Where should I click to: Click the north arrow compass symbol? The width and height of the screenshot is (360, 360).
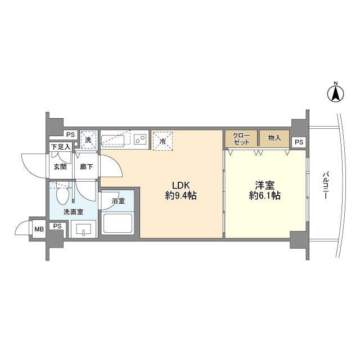point(335,93)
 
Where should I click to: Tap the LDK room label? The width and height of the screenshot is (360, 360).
point(181,185)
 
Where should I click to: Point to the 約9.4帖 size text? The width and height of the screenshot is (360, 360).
point(181,196)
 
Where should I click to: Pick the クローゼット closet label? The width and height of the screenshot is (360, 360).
point(242,138)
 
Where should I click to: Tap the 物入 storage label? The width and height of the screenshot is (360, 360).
point(274,138)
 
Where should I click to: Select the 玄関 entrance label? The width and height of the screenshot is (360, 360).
point(60,166)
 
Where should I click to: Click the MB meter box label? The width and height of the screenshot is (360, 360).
point(39,228)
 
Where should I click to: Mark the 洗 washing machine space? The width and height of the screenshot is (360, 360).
point(88,139)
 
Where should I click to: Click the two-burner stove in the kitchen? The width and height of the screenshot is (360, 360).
point(141,139)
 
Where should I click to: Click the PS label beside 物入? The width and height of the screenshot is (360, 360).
point(299,142)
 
